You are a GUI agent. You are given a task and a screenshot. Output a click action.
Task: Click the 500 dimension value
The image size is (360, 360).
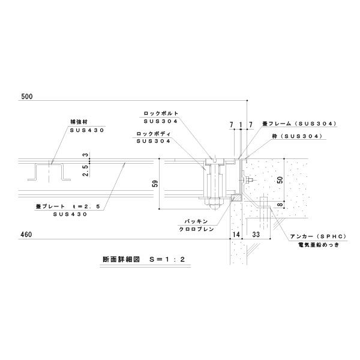27,97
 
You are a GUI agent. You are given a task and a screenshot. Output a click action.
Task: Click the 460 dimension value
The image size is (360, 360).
26,235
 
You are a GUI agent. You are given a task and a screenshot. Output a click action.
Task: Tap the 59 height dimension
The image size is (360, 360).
155,184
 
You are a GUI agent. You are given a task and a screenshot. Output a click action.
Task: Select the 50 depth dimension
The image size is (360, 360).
280,180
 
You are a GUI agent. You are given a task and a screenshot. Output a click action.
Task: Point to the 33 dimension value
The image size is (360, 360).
256,235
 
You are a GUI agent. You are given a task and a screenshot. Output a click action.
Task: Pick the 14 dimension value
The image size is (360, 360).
236,235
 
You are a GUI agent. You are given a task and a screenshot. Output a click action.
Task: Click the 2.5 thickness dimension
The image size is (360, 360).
85,170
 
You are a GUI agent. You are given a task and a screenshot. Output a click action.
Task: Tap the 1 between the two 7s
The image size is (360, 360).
241,125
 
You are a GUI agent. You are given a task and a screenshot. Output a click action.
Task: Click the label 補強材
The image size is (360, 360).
79,122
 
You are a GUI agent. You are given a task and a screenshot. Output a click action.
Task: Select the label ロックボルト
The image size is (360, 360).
161,113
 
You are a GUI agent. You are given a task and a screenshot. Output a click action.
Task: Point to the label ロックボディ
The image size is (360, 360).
154,134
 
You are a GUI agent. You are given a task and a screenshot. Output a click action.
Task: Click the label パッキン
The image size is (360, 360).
196,221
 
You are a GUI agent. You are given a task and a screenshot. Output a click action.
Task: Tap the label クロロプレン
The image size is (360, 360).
197,229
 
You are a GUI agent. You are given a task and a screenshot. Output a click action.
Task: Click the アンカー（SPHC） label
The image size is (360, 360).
318,236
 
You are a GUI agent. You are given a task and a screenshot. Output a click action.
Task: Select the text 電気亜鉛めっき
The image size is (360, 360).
319,245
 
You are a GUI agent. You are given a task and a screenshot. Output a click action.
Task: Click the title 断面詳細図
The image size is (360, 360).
121,259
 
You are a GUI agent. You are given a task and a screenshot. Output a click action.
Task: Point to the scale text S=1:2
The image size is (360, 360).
167,259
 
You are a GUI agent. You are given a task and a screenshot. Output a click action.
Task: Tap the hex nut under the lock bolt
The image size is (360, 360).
214,202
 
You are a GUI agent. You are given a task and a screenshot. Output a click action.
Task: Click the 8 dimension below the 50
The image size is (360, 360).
280,203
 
